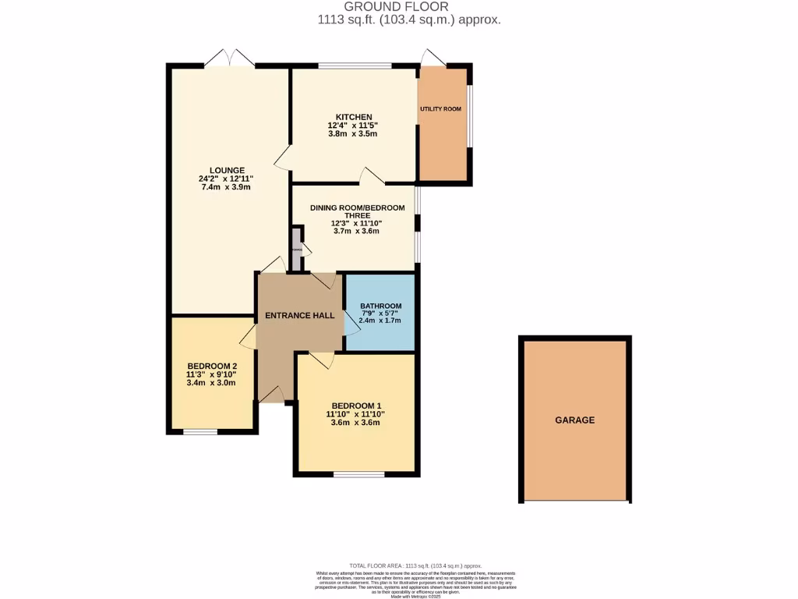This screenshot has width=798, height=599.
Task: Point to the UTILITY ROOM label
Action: [x=440, y=109]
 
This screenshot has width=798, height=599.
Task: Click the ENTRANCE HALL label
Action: [x=300, y=316]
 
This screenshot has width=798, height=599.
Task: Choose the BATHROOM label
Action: [x=380, y=306]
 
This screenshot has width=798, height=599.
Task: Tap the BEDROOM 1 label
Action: [x=356, y=406]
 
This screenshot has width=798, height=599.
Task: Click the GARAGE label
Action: [x=574, y=420]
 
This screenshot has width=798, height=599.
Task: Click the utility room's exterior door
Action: [x=431, y=58]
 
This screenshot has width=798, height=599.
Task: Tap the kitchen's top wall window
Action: [x=354, y=66]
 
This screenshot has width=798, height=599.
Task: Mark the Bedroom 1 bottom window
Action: [x=358, y=473]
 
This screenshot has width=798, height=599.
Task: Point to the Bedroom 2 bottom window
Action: [x=200, y=431]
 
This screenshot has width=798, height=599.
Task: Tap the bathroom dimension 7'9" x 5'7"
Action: [x=380, y=314]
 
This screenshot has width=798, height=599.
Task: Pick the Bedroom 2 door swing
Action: [x=247, y=337]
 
